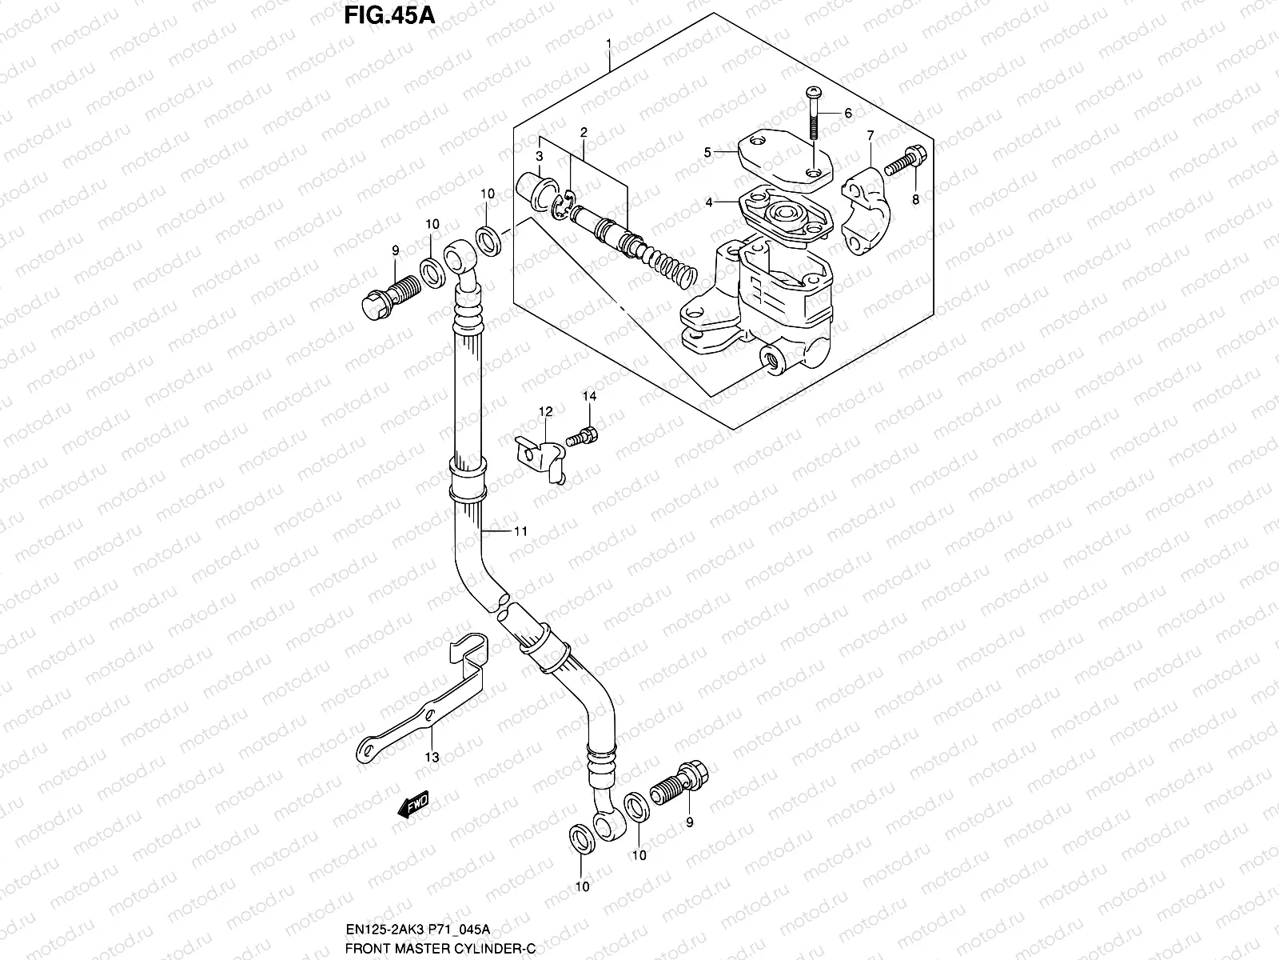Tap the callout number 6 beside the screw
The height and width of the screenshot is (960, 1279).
click(848, 114)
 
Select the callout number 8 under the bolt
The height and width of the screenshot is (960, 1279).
click(916, 200)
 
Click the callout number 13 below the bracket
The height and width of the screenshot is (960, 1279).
click(432, 758)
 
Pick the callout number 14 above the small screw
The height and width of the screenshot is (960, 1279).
click(589, 396)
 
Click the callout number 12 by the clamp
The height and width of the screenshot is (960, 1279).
click(545, 412)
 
